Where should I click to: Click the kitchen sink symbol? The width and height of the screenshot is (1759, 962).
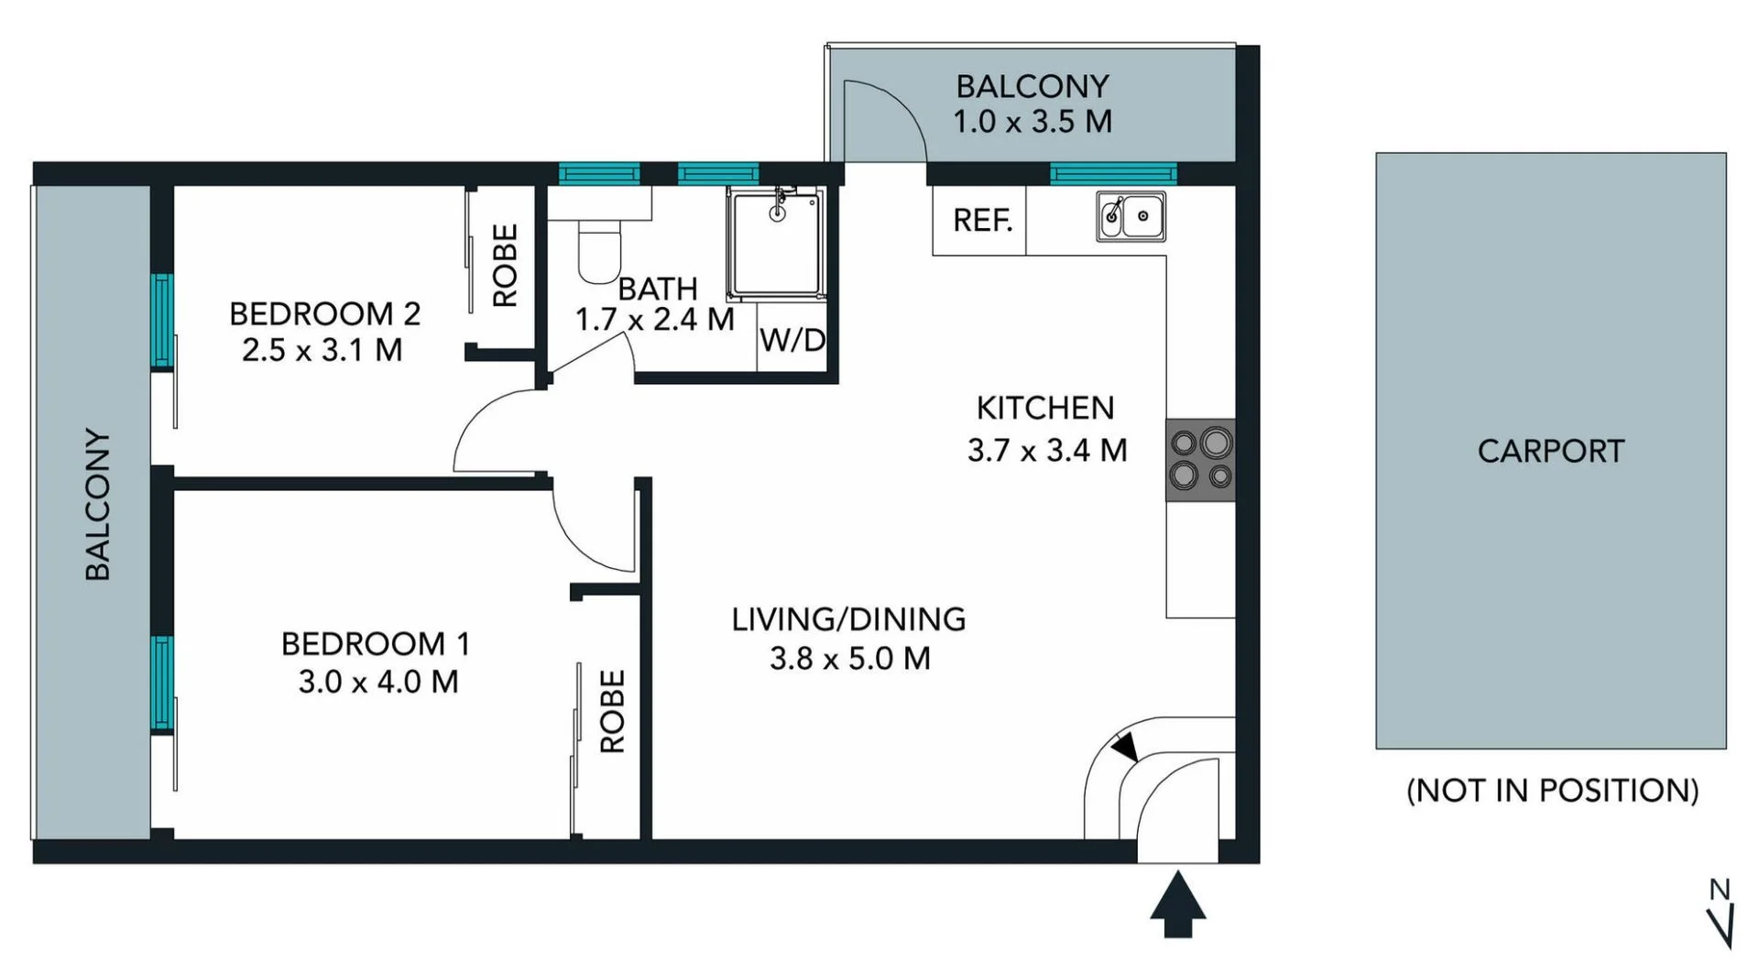(1131, 217)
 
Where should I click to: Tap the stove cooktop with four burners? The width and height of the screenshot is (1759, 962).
(1200, 460)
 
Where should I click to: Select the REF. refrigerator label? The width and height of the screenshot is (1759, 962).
(982, 221)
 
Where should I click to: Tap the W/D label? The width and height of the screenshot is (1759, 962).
(792, 341)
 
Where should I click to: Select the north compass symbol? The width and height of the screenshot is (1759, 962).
(1721, 913)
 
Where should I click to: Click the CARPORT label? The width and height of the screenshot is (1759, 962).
(1550, 452)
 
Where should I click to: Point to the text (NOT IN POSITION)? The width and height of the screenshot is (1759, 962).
(1552, 791)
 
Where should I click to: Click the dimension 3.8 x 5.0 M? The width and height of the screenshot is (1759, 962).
(849, 659)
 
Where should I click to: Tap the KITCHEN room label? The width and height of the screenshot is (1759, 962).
(1044, 409)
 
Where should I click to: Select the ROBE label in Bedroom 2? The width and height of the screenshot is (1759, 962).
(505, 266)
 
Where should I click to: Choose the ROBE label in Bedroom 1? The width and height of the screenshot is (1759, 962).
(612, 711)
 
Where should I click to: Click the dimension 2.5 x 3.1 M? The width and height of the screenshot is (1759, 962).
(322, 350)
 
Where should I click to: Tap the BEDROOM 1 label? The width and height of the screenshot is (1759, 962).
(376, 644)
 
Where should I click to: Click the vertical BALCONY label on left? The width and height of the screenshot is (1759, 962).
(98, 504)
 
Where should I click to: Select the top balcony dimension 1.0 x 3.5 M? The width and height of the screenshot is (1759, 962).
(1032, 122)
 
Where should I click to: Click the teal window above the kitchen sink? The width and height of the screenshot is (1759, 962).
(1112, 173)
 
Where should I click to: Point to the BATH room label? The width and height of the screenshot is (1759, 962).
(658, 290)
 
